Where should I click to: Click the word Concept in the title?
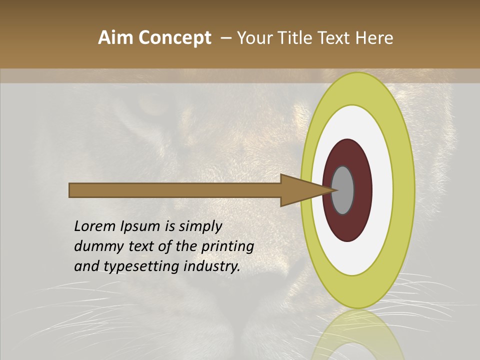point(175,38)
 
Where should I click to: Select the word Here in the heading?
point(374,38)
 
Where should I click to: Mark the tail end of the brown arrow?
point(71,190)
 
